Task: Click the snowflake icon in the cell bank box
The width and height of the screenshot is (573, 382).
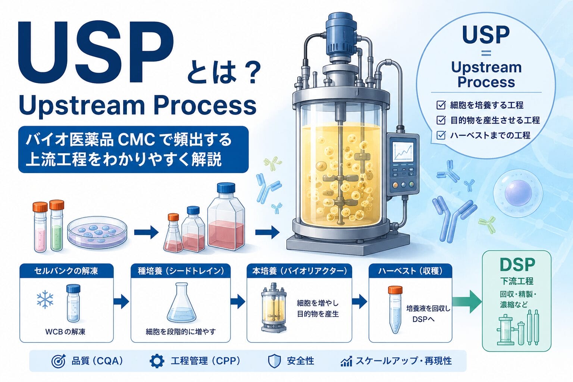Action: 45,299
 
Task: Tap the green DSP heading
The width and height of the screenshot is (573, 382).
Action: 517,264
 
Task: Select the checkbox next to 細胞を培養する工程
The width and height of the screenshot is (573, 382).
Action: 441,105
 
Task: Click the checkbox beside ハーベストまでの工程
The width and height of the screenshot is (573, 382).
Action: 441,135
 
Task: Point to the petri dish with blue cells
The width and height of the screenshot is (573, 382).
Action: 97,233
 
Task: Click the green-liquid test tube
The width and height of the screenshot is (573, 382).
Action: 57,226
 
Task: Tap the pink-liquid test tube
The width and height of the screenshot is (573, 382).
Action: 40,227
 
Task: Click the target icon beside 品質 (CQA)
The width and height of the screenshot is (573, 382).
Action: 59,361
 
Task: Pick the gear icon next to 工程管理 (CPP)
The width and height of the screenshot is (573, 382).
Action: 157,361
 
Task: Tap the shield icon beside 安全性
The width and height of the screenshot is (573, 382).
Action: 274,361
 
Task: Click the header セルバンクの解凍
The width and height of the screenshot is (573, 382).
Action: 66,271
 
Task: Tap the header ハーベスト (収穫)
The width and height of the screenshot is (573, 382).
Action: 410,271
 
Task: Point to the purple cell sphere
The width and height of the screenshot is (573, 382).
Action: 518,193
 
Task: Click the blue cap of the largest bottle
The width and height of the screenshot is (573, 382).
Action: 226,188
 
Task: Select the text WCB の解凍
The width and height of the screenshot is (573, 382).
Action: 65,332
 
